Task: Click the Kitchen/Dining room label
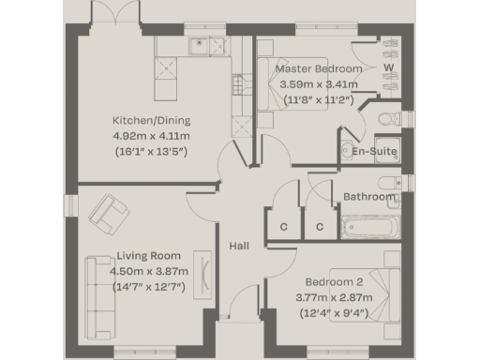tap(151, 121)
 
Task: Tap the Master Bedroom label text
tap(318, 69)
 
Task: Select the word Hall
tap(238, 246)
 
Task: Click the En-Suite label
tap(374, 151)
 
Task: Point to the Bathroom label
tap(368, 197)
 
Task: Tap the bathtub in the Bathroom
tap(372, 227)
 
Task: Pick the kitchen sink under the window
tap(199, 44)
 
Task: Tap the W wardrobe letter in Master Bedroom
tap(387, 68)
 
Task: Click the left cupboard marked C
tap(283, 227)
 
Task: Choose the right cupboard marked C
tap(319, 227)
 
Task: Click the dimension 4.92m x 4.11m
tap(151, 136)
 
